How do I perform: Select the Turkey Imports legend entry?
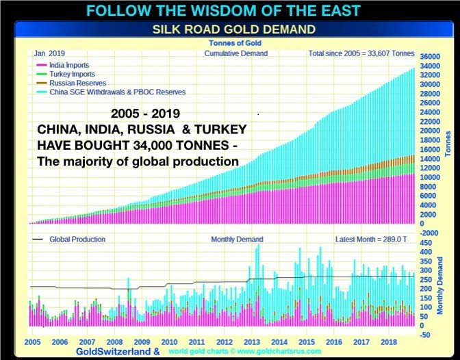click(x=72, y=74)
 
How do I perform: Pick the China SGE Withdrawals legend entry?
click(x=117, y=92)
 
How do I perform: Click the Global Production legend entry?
click(x=77, y=240)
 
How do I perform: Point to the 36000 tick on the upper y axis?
click(x=429, y=56)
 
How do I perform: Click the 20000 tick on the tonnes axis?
click(x=429, y=131)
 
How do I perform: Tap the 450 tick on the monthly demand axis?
click(x=425, y=242)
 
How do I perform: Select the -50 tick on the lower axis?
click(x=425, y=335)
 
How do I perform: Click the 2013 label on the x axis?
click(x=251, y=342)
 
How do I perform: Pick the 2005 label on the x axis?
click(x=31, y=342)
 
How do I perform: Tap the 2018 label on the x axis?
click(x=388, y=342)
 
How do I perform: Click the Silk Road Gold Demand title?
click(x=233, y=29)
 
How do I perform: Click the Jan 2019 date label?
click(x=49, y=53)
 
